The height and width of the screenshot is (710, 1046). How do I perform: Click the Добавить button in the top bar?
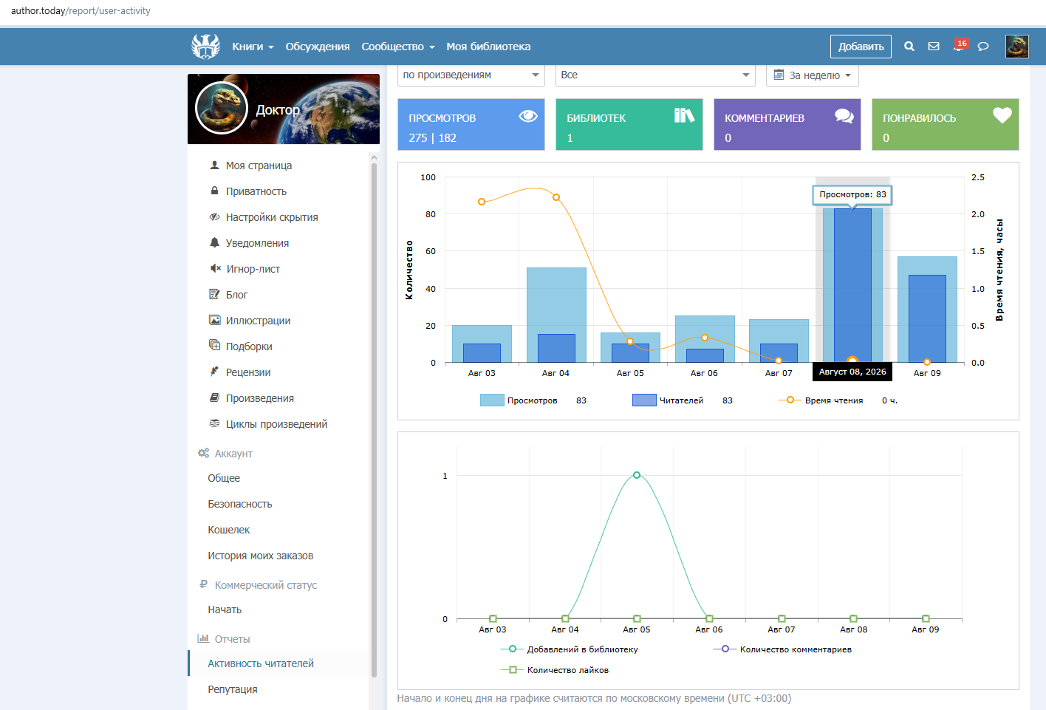(x=860, y=47)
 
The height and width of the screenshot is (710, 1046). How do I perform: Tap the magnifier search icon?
(x=909, y=47)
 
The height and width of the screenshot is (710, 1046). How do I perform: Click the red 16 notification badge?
(x=962, y=44)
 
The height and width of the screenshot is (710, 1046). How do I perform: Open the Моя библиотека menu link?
(x=488, y=47)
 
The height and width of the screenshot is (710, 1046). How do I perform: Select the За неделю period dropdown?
(x=812, y=75)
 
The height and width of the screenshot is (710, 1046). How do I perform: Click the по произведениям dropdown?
(x=471, y=75)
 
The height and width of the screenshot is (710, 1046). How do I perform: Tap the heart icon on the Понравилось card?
(x=1002, y=115)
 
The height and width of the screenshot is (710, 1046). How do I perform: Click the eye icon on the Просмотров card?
(x=528, y=116)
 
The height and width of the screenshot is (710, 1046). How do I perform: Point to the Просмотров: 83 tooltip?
(x=852, y=195)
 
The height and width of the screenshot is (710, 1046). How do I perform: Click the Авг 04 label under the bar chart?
(x=556, y=373)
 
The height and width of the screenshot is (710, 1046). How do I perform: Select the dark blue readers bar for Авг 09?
(x=927, y=318)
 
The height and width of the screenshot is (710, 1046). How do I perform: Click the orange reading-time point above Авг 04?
(x=556, y=197)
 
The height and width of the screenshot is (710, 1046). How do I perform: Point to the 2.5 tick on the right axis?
(x=978, y=177)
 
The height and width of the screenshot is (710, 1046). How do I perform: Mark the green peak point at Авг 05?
(x=637, y=475)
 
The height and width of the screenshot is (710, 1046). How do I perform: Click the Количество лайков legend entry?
(x=555, y=670)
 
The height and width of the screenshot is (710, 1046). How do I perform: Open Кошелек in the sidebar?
(x=229, y=530)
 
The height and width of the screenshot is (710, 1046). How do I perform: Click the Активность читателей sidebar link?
(x=261, y=663)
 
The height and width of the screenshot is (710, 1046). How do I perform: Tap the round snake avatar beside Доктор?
(x=222, y=108)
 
